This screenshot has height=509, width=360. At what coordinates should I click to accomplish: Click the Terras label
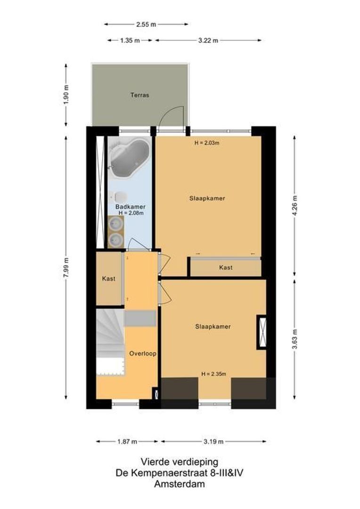point(139,95)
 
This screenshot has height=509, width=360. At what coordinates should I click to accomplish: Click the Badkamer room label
point(131,206)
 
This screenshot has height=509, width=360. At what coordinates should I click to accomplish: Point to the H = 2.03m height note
point(207,143)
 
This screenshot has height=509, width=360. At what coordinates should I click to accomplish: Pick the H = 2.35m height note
point(213,374)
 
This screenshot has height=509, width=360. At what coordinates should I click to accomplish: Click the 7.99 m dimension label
point(66,267)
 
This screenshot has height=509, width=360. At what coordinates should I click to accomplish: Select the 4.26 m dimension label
point(295,205)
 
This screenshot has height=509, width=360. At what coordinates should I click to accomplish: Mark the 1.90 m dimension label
point(66,95)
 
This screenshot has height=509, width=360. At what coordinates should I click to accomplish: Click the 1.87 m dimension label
point(127,442)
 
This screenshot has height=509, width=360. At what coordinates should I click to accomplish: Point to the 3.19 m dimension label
point(213,442)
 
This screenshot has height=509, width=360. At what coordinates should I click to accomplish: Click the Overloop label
point(143,353)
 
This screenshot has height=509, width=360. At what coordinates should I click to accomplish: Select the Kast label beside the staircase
point(109,279)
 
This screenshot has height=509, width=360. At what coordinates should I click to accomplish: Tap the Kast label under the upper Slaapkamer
point(226,267)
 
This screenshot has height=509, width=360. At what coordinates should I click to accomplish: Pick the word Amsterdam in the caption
point(180,484)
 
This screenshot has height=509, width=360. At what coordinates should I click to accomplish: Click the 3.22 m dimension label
point(208,41)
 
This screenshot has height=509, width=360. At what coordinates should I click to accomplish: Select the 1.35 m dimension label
point(130,41)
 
